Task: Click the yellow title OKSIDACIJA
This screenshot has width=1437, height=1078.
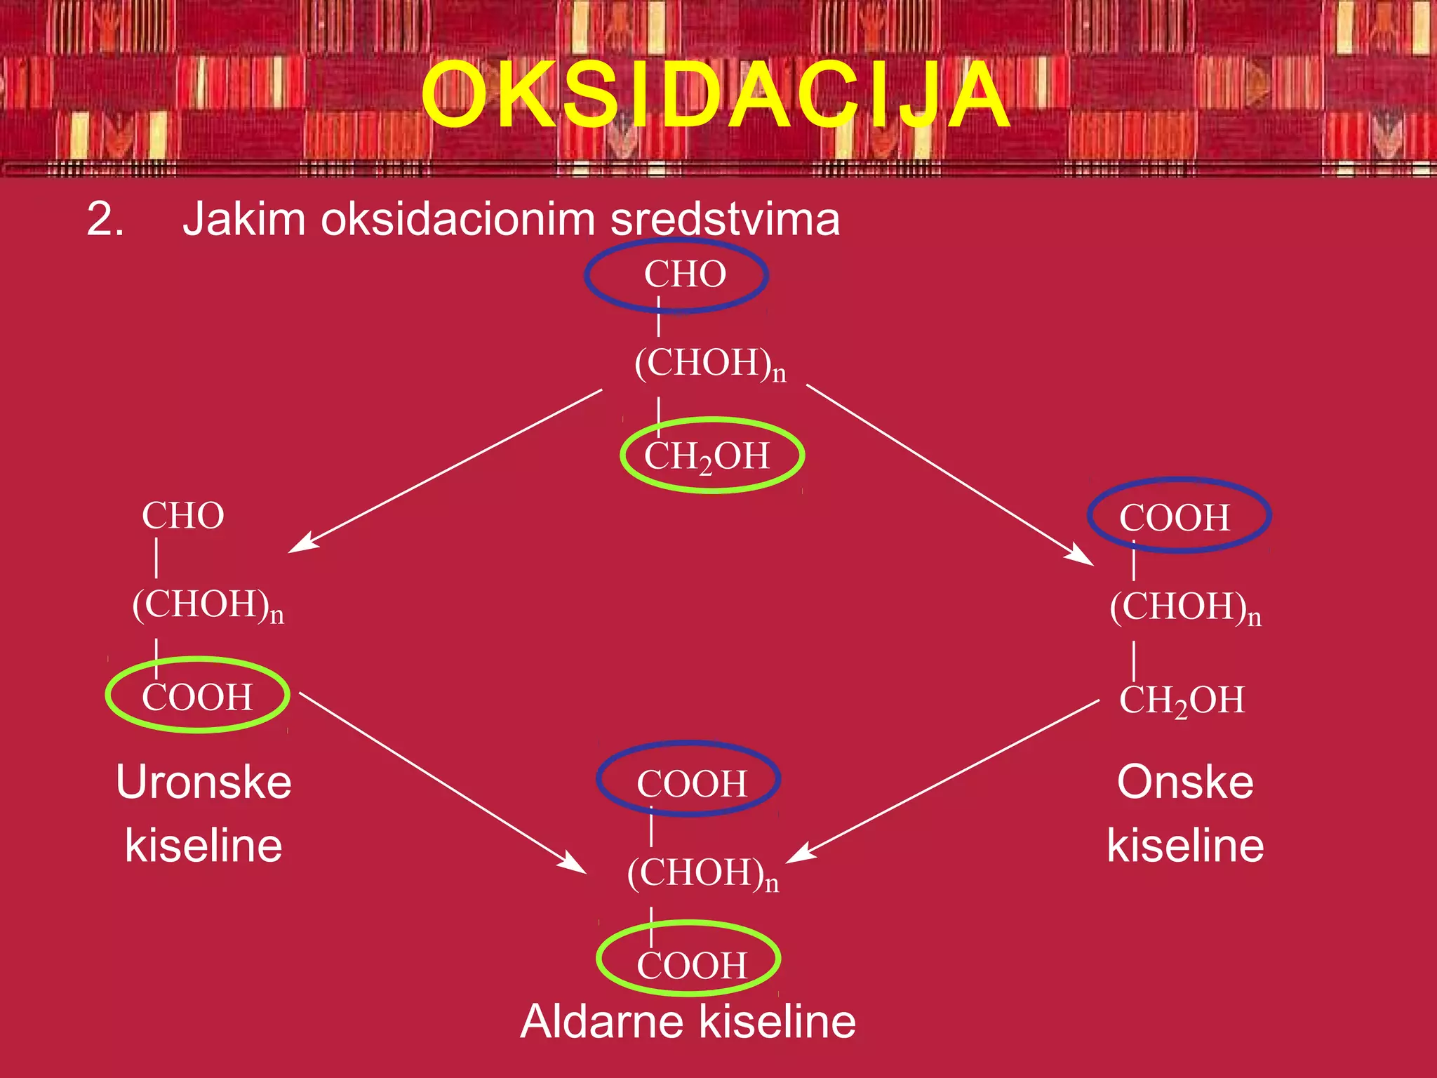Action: (716, 95)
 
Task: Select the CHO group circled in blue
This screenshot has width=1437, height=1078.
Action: (684, 274)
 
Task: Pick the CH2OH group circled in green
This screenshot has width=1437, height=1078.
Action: (707, 456)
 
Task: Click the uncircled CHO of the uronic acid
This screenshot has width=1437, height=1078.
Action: (183, 516)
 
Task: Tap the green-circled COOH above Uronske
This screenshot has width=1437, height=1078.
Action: (197, 697)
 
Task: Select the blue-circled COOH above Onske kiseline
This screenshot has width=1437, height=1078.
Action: (1175, 518)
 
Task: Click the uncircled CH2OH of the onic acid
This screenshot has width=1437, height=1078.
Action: (1182, 700)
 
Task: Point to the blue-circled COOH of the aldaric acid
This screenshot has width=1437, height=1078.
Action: (691, 783)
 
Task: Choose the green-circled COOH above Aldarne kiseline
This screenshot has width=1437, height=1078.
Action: (691, 965)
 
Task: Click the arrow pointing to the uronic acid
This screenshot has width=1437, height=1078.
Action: (446, 470)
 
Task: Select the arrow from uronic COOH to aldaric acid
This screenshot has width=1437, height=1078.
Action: (442, 783)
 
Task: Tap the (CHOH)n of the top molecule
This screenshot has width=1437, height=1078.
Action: (709, 364)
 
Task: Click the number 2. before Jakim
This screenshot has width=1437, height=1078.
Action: (105, 219)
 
